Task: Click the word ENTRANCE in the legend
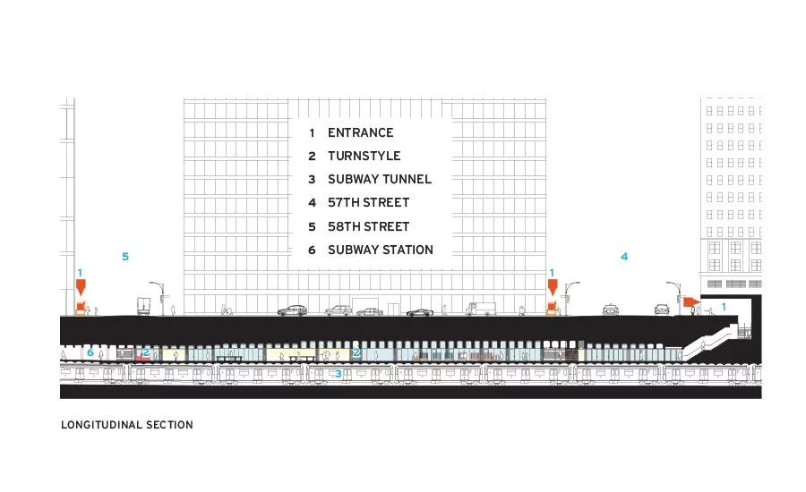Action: (360, 132)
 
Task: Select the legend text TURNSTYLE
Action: (364, 156)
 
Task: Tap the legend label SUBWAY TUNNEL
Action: (380, 179)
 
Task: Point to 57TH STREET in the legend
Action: (369, 202)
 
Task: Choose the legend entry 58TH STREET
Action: (369, 226)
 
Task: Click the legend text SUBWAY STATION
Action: (381, 250)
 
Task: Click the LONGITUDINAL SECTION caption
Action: (127, 425)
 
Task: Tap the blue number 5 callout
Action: (124, 256)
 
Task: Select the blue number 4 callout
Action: (624, 256)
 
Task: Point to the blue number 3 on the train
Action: (338, 373)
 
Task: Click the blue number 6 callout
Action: (90, 352)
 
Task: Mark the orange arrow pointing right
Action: (691, 301)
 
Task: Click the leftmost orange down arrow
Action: (81, 287)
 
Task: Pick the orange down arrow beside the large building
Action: (553, 287)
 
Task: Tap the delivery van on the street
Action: (481, 309)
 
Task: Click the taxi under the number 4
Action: (611, 310)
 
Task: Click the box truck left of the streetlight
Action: (143, 306)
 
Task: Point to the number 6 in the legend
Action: (312, 250)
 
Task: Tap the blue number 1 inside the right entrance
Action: (724, 307)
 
